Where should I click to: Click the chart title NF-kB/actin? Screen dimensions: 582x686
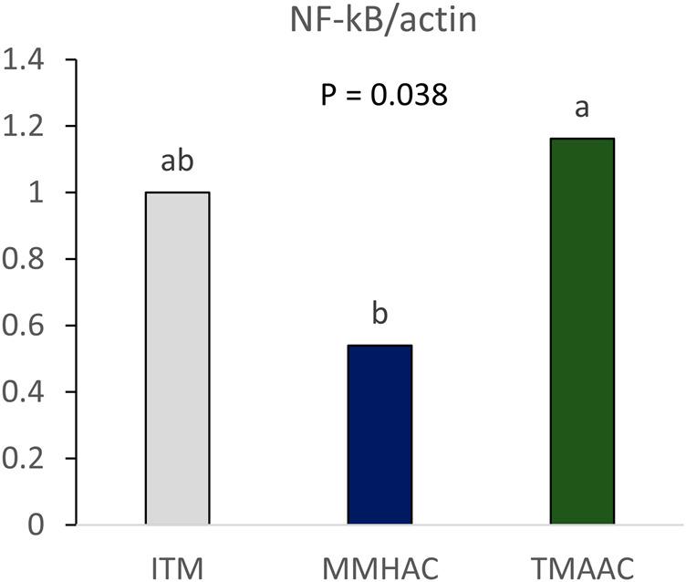[x=380, y=17]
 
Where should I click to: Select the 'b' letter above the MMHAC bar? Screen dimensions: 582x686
[x=380, y=315]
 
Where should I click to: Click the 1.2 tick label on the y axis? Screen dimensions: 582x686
[x=24, y=127]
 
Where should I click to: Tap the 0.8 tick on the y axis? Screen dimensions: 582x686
[x=24, y=259]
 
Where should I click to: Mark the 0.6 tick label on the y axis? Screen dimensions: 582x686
[x=24, y=326]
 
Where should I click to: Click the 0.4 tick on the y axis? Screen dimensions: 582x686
[x=24, y=392]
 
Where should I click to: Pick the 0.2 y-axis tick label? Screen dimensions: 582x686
[x=24, y=459]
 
